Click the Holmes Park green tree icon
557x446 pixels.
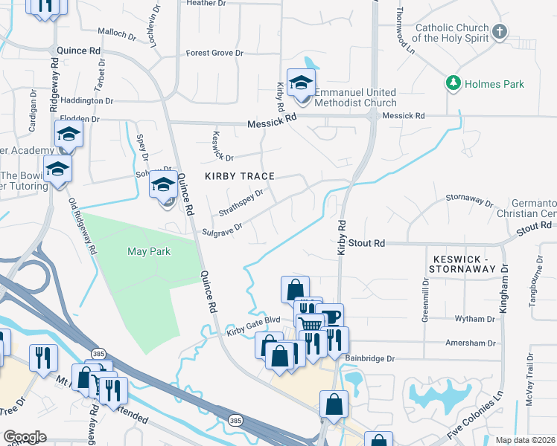pyautogui.click(x=452, y=83)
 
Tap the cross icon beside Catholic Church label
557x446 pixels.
pyautogui.click(x=500, y=31)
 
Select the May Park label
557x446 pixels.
pyautogui.click(x=149, y=251)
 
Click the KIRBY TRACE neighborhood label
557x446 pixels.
pyautogui.click(x=241, y=176)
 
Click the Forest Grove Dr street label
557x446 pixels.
pyautogui.click(x=214, y=54)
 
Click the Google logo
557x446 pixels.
pyautogui.click(x=25, y=436)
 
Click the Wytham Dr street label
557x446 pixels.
pyautogui.click(x=470, y=318)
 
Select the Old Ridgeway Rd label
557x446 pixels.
pyautogui.click(x=83, y=226)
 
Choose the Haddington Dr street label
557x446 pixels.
pyautogui.click(x=86, y=100)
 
